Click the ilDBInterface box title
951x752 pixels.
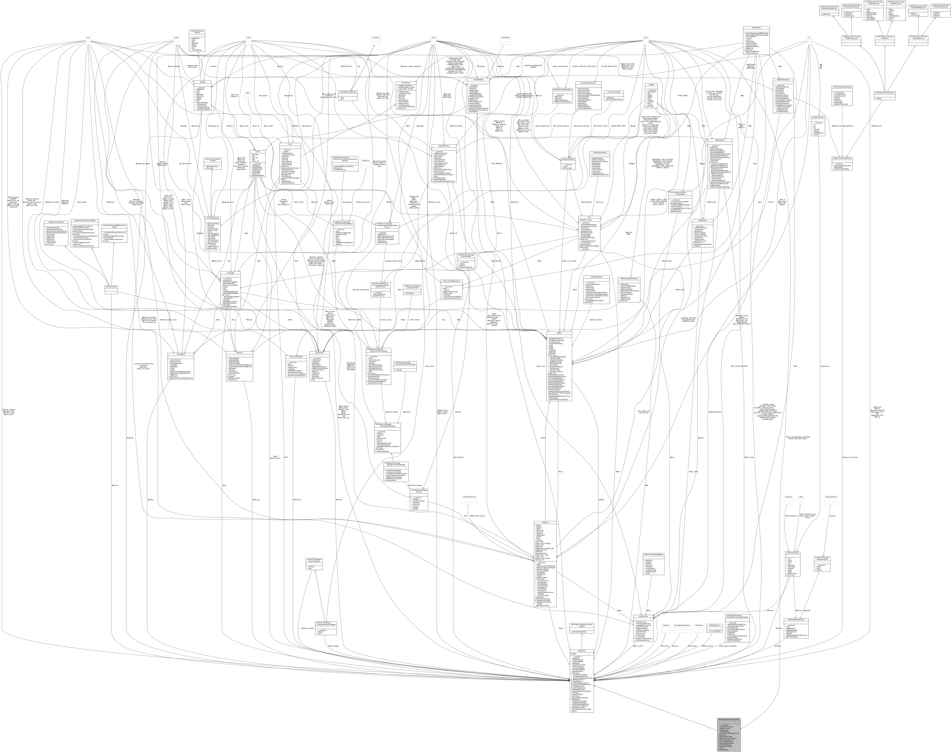[756, 28]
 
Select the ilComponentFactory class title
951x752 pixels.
[613, 92]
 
